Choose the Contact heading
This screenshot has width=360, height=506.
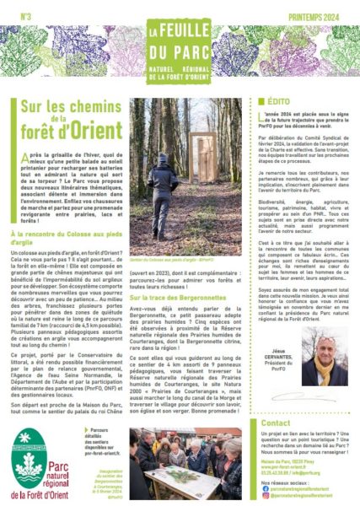[277, 423]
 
